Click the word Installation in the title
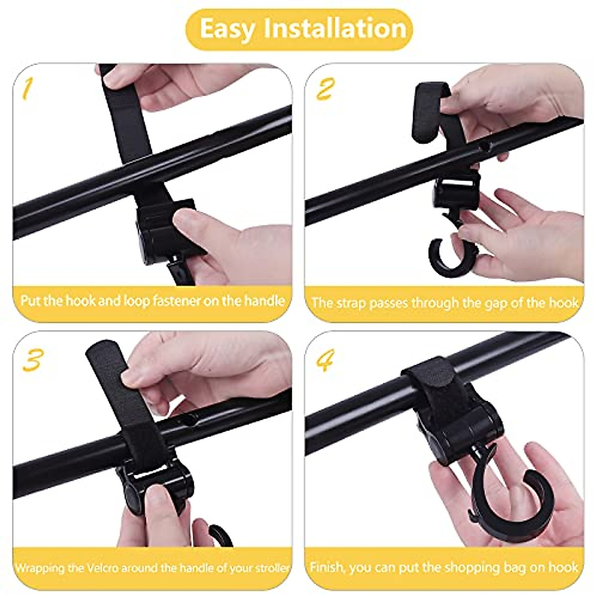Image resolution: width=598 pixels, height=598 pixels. (x=335, y=28)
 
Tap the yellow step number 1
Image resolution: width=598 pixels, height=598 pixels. (x=27, y=89)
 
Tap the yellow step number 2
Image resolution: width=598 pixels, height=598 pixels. (x=324, y=90)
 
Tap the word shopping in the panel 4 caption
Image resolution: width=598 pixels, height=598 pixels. (x=453, y=567)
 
